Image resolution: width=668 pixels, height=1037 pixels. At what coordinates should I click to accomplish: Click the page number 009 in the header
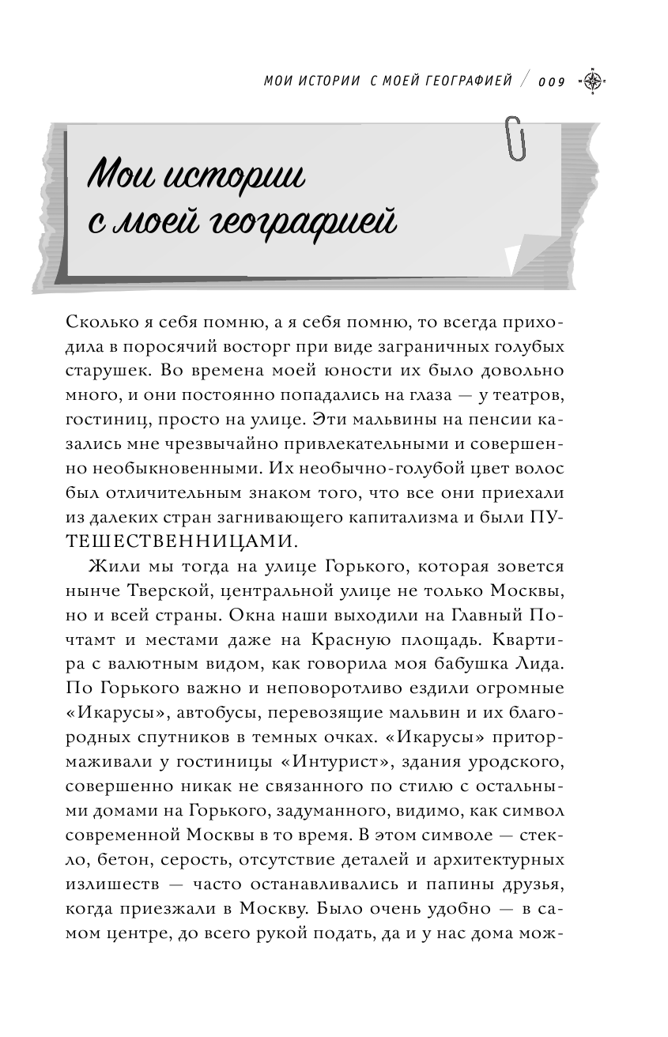[552, 81]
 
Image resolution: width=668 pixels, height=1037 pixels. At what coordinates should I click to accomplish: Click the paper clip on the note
[517, 138]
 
